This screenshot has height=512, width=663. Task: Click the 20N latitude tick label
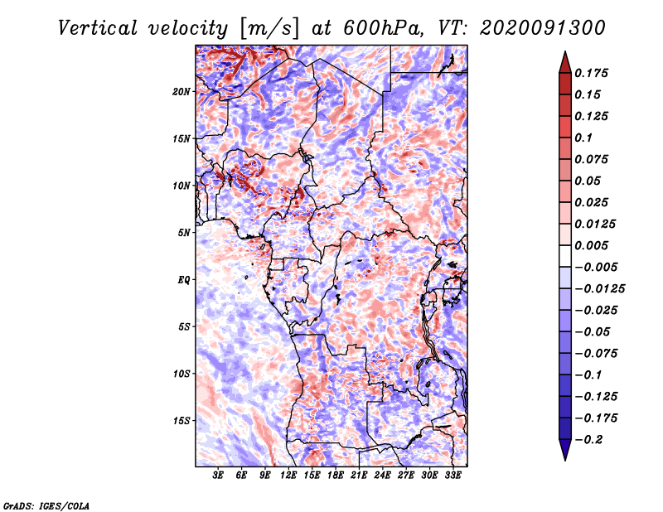click(182, 91)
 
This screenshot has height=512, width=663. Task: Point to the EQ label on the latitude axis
click(184, 280)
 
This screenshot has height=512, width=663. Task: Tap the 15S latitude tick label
click(182, 421)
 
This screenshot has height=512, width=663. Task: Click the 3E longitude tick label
click(219, 476)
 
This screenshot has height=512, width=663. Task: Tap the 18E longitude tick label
click(336, 476)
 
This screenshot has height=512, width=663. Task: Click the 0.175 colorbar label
click(593, 73)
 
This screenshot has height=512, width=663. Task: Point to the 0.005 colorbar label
click(593, 245)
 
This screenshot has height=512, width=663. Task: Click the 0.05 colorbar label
click(588, 181)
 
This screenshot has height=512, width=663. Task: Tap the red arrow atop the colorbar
click(564, 60)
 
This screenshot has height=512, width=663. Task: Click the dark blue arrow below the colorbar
click(564, 451)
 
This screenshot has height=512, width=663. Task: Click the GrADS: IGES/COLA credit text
click(46, 505)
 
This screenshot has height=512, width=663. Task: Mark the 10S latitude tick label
click(182, 374)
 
